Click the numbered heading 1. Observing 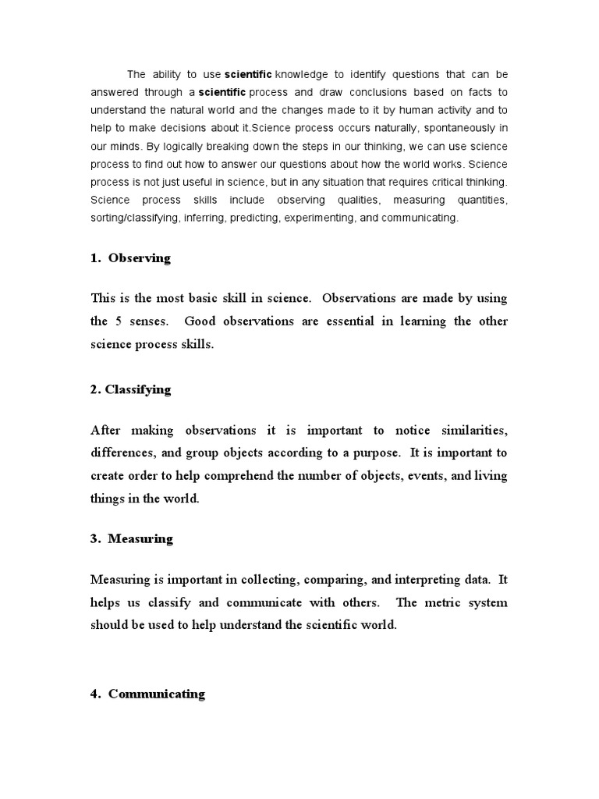130,258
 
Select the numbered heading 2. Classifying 130,389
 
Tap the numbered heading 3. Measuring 131,538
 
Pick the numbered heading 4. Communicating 147,693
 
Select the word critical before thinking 441,182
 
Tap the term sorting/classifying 135,218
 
